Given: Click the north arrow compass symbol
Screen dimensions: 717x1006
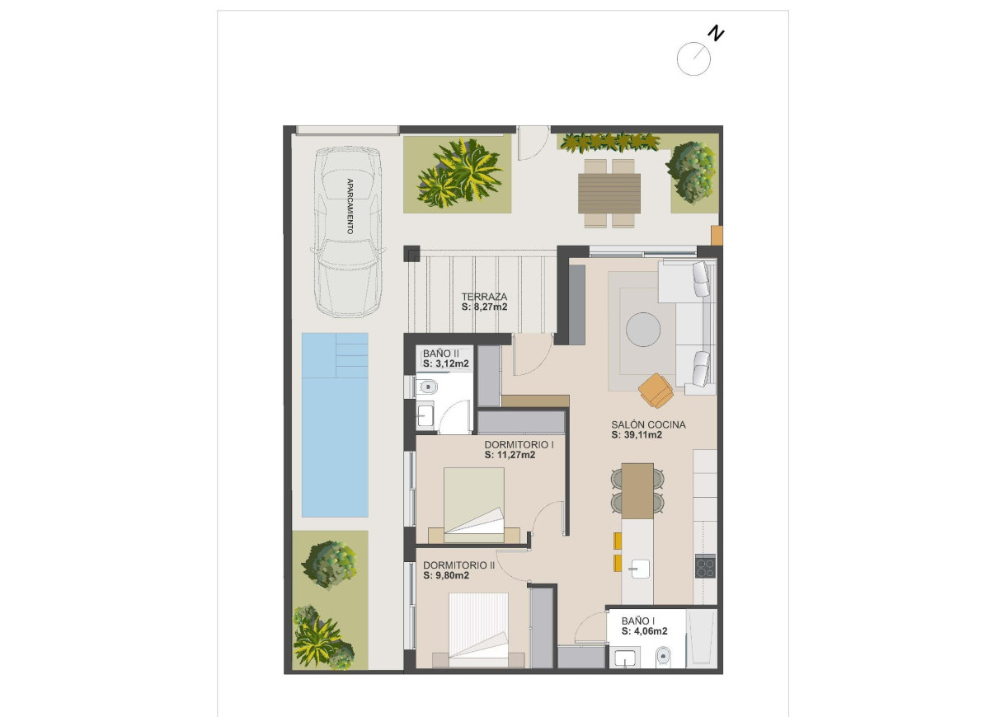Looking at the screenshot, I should pyautogui.click(x=694, y=59).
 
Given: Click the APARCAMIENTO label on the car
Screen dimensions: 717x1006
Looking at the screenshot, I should pyautogui.click(x=350, y=206).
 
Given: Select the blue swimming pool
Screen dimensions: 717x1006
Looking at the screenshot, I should pyautogui.click(x=334, y=424).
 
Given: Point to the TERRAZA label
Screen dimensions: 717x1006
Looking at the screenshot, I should pyautogui.click(x=484, y=297).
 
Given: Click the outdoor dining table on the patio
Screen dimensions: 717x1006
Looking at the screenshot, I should pyautogui.click(x=610, y=194).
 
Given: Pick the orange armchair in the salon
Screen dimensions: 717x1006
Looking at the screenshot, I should pyautogui.click(x=656, y=390).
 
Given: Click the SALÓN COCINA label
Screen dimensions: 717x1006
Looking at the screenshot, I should pyautogui.click(x=648, y=425).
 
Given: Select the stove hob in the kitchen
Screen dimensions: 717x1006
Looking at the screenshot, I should pyautogui.click(x=705, y=566).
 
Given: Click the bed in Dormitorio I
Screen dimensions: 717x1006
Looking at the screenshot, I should pyautogui.click(x=475, y=504).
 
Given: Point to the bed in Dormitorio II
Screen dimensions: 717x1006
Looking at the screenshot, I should pyautogui.click(x=478, y=629).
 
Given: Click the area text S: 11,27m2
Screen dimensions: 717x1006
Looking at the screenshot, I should pyautogui.click(x=510, y=455).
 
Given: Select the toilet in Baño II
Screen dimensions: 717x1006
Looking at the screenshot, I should pyautogui.click(x=427, y=387).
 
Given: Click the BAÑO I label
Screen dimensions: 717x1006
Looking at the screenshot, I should pyautogui.click(x=638, y=621).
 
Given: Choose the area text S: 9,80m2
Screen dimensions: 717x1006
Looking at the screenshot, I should pyautogui.click(x=446, y=576).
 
